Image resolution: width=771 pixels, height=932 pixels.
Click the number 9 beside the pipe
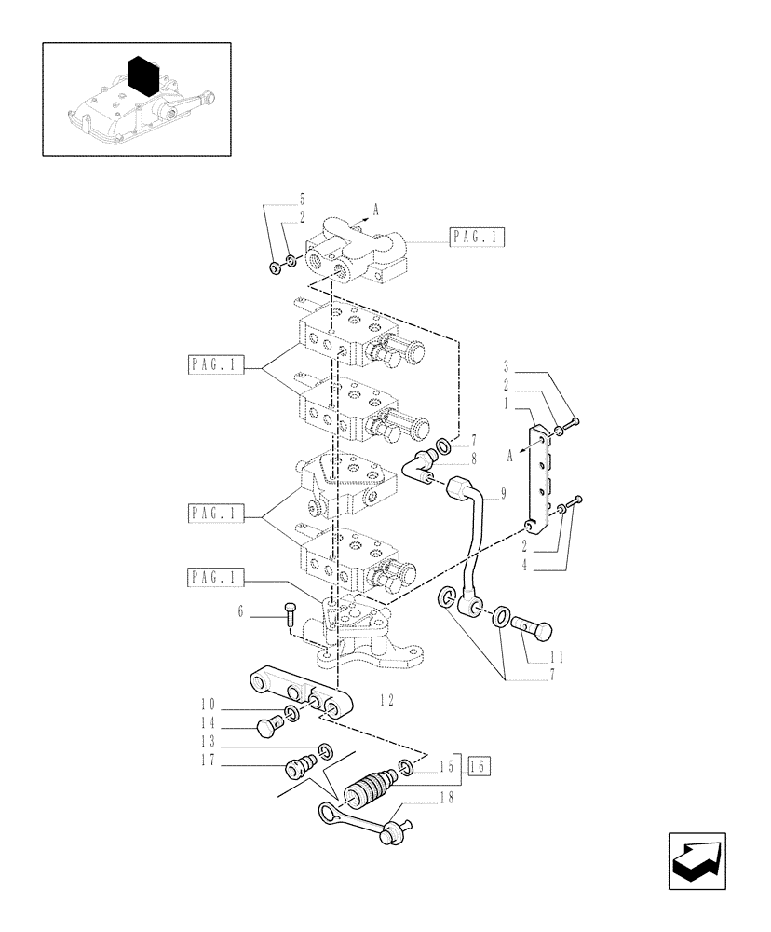click(x=502, y=495)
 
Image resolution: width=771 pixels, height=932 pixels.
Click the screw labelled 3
click(x=572, y=424)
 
